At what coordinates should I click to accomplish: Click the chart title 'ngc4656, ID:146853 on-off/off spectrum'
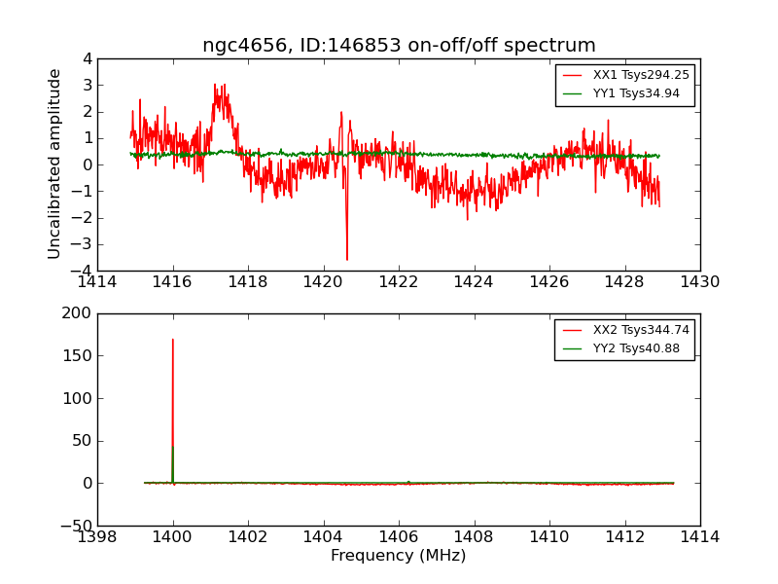point(399,46)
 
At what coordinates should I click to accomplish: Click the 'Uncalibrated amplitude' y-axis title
point(55,164)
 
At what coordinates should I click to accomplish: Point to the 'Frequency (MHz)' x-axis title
point(399,556)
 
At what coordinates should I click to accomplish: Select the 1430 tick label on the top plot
point(699,281)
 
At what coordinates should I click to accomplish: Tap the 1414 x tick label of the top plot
point(97,281)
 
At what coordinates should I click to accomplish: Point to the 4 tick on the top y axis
point(88,58)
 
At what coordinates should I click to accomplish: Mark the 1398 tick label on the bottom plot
point(97,536)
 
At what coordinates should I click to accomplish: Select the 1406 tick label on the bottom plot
point(399,536)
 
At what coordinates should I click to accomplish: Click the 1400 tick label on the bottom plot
point(173,536)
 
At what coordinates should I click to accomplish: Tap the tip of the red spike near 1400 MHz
point(173,339)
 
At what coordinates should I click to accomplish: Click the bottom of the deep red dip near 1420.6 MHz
point(346,260)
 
